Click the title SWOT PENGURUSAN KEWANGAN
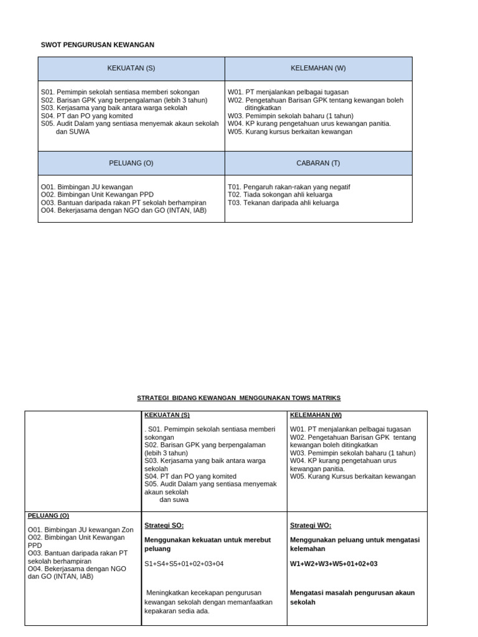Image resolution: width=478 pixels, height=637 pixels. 97,45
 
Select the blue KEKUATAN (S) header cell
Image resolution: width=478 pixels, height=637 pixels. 131,68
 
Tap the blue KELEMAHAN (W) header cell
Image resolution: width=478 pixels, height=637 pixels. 318,68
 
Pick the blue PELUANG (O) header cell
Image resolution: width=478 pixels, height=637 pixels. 131,163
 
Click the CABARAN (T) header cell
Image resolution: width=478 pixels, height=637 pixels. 318,163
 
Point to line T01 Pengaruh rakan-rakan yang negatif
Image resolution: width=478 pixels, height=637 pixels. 288,187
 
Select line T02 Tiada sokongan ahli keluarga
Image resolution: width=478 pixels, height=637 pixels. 280,195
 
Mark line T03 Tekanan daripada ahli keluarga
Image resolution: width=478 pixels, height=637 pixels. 283,203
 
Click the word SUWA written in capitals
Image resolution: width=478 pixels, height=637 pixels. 78,132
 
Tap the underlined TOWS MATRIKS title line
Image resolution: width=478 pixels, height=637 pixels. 238,398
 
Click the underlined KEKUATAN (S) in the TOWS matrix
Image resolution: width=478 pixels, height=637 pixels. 167,415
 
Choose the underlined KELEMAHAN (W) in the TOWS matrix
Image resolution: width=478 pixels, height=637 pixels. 316,415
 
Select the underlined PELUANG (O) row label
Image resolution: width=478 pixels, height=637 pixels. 49,516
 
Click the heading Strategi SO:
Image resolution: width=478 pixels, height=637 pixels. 164,526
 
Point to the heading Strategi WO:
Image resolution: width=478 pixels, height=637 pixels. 311,526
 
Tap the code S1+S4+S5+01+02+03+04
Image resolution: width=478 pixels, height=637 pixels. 184,564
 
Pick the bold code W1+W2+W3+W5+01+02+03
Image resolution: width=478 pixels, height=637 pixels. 334,564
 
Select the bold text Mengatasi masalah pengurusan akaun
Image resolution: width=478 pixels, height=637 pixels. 352,593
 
